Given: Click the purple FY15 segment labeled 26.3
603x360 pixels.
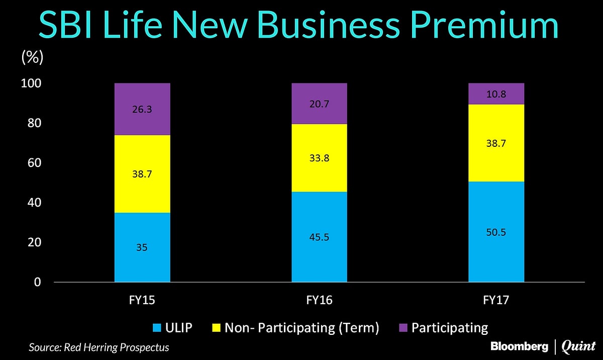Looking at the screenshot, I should point(142,109).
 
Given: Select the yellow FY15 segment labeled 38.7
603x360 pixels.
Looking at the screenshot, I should point(142,174).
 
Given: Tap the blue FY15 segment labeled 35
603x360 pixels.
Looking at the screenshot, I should point(142,247).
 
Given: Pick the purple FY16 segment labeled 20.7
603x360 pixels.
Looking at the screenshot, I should point(319,104).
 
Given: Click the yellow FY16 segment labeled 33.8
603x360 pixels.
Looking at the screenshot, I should point(319,158).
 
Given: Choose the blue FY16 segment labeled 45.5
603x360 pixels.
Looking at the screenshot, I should point(319,237).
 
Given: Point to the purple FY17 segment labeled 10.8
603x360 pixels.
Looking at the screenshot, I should point(496,94).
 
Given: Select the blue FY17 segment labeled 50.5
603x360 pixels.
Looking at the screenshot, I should point(496,232).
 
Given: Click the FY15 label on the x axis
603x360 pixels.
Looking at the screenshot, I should point(142,301).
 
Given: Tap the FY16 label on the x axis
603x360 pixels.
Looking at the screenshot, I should point(319,301).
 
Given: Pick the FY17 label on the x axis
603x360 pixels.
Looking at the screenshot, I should point(496,301).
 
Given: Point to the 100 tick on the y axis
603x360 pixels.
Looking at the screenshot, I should point(32,84).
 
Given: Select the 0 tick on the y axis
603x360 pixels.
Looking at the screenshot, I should point(38,282).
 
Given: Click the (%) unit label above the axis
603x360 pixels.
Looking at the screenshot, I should point(32,57).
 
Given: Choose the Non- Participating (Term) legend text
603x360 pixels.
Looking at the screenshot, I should point(301,328).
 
